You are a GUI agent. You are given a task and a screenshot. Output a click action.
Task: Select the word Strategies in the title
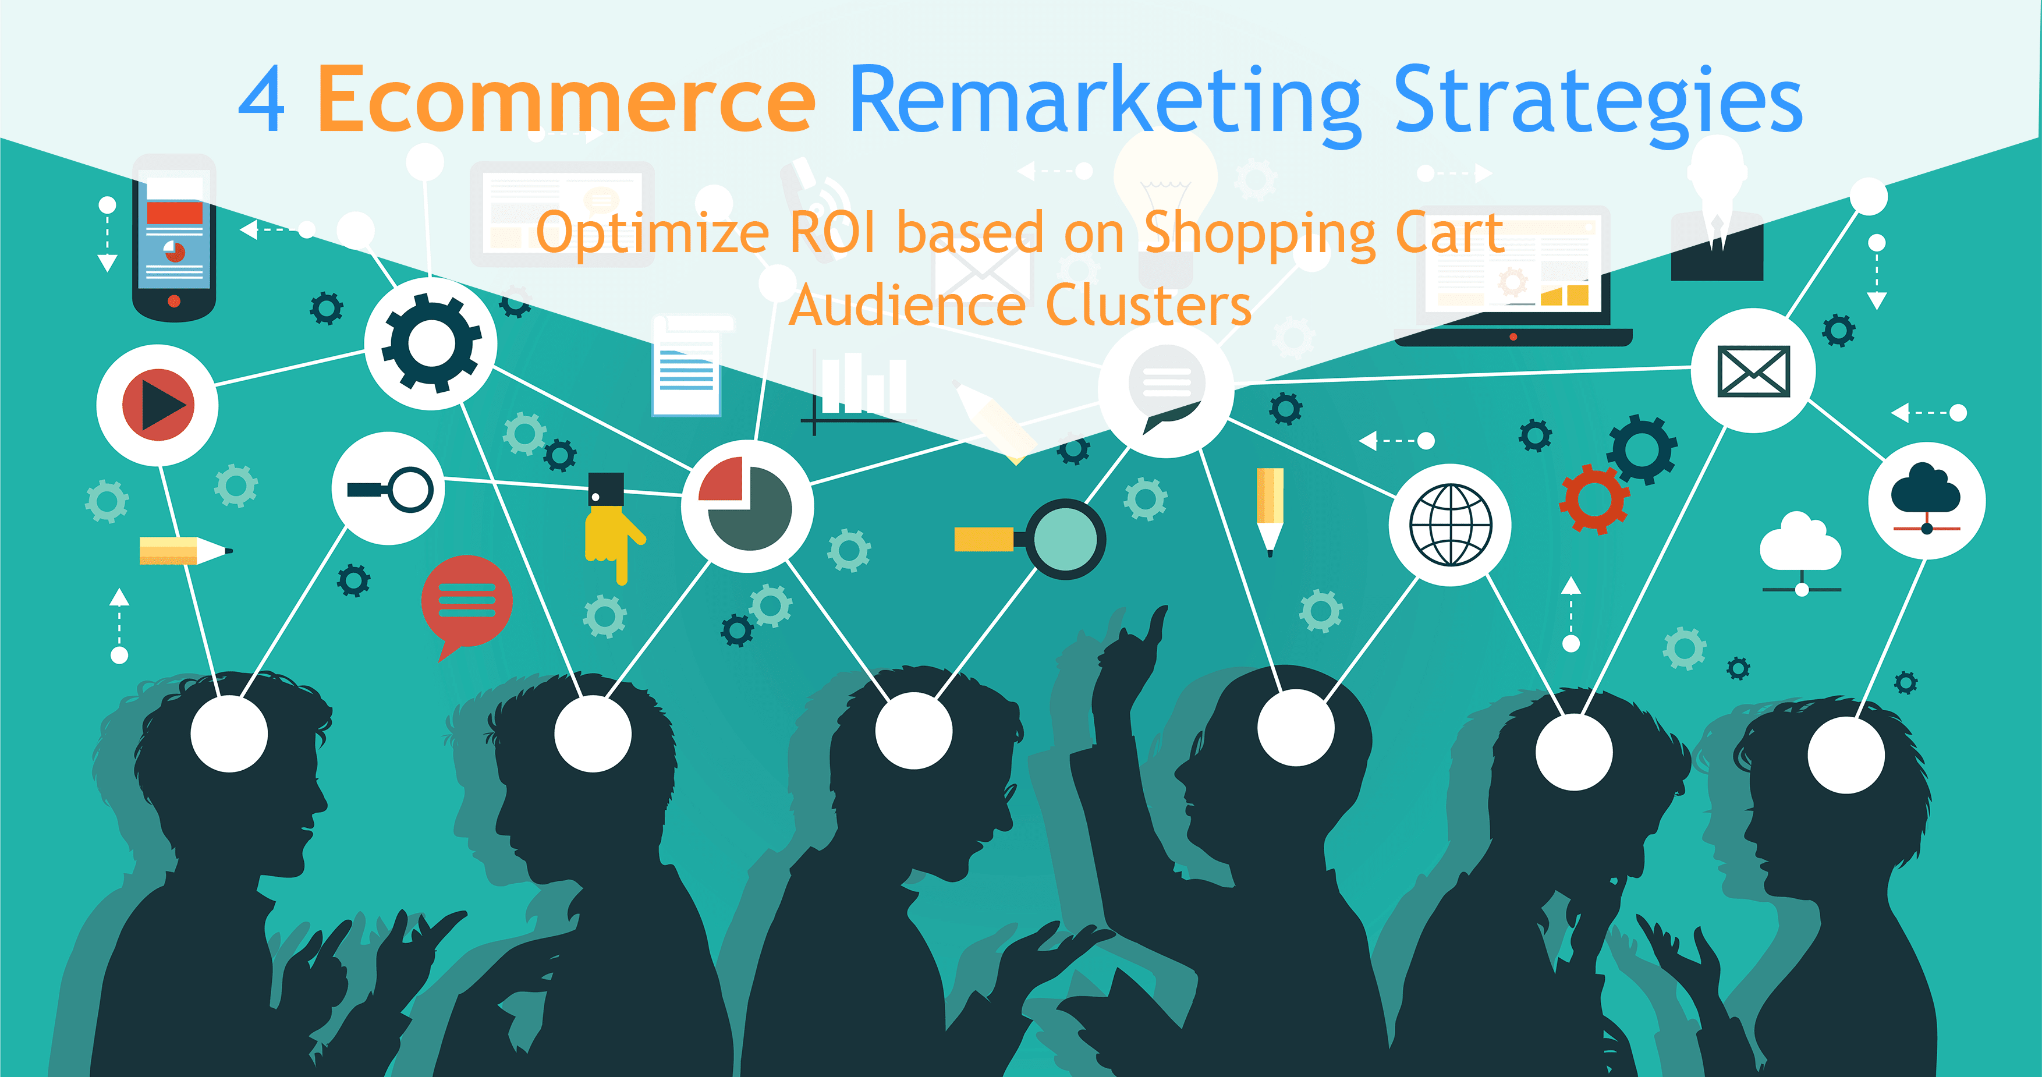point(1597,105)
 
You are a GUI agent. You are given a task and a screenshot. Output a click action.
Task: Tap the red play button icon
point(158,405)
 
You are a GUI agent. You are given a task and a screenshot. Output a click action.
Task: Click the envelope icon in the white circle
point(1753,370)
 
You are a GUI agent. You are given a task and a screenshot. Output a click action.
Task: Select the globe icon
point(1450,525)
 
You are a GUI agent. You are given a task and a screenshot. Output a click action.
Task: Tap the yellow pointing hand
point(614,528)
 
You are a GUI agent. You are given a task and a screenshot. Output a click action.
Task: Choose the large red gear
point(1594,499)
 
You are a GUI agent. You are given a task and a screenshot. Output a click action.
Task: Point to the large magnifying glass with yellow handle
point(1030,539)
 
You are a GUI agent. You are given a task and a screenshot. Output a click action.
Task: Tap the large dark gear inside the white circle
point(431,343)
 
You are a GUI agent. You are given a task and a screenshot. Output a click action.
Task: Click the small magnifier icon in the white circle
point(390,490)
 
